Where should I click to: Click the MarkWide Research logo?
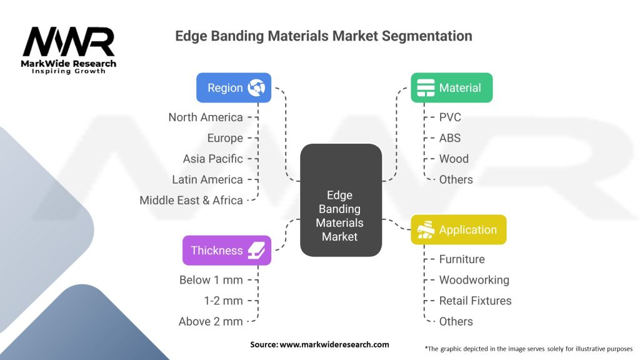pyautogui.click(x=69, y=50)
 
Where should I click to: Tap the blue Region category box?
pyautogui.click(x=234, y=87)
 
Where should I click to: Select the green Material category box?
pyautogui.click(x=451, y=87)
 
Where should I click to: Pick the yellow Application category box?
pyautogui.click(x=458, y=229)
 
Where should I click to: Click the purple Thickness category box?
pyautogui.click(x=226, y=250)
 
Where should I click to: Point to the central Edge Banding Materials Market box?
pyautogui.click(x=341, y=200)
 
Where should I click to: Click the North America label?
pyautogui.click(x=205, y=117)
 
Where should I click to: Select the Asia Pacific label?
pyautogui.click(x=212, y=159)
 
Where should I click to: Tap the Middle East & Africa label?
pyautogui.click(x=191, y=200)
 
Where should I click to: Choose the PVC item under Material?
pyautogui.click(x=450, y=117)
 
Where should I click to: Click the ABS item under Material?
pyautogui.click(x=450, y=137)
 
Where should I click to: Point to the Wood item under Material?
pyautogui.click(x=454, y=159)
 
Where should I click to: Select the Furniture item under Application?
pyautogui.click(x=462, y=259)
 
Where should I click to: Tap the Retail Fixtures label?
pyautogui.click(x=475, y=301)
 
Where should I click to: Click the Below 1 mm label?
pyautogui.click(x=211, y=279)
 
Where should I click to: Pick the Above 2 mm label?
pyautogui.click(x=211, y=321)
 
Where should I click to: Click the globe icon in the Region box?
pyautogui.click(x=256, y=87)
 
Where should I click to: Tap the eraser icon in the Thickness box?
pyautogui.click(x=256, y=250)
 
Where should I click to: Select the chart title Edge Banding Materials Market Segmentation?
pyautogui.click(x=323, y=36)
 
